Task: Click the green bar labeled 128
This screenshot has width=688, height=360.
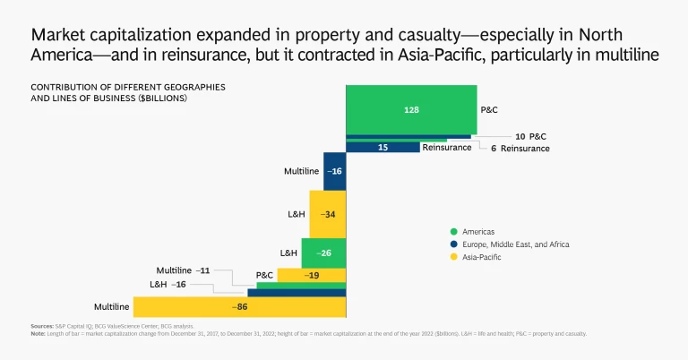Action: pyautogui.click(x=411, y=109)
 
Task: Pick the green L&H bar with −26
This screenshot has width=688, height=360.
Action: pyautogui.click(x=323, y=253)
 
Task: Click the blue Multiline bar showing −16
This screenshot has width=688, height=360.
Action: pyautogui.click(x=334, y=170)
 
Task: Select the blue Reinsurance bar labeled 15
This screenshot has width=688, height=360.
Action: pyautogui.click(x=383, y=147)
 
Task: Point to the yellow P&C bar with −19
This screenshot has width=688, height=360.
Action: pyautogui.click(x=311, y=275)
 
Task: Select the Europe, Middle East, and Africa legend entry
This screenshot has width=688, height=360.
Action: pyautogui.click(x=518, y=244)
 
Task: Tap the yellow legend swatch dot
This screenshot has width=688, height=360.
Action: pyautogui.click(x=454, y=257)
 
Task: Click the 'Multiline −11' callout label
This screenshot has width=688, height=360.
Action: pyautogui.click(x=184, y=270)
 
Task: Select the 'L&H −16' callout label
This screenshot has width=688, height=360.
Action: pyautogui.click(x=168, y=283)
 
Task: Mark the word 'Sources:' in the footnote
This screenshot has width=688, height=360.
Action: pyautogui.click(x=42, y=326)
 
